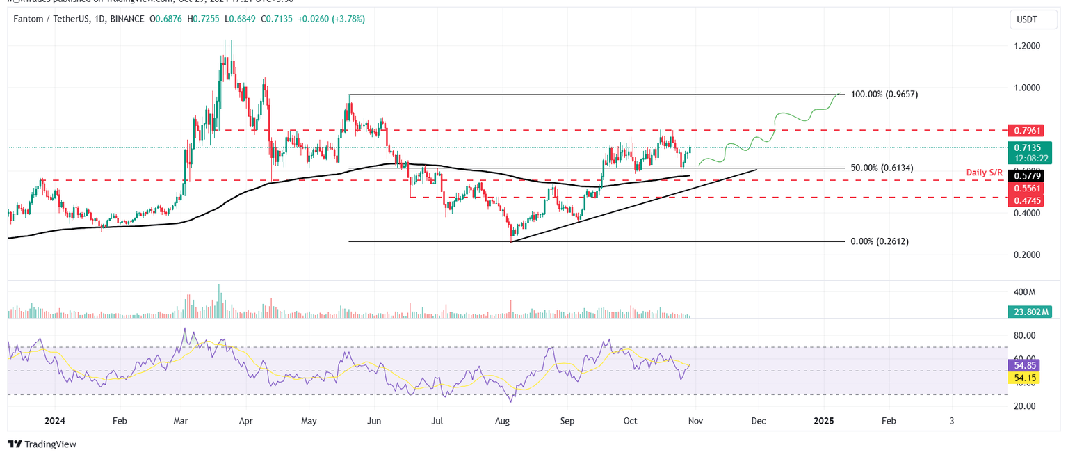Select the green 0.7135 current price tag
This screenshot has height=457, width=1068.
coord(1026,147)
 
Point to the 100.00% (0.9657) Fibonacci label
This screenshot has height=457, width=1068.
coord(884,94)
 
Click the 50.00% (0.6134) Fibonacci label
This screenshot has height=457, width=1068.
coord(882,168)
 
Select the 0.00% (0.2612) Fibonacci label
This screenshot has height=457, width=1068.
coord(879,241)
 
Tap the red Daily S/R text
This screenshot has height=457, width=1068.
coord(985,172)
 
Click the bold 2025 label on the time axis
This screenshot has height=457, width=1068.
coord(824,421)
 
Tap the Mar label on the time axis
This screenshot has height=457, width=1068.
coord(181,421)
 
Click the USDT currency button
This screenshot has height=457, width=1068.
coord(1026,20)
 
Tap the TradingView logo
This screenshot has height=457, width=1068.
coord(42,444)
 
